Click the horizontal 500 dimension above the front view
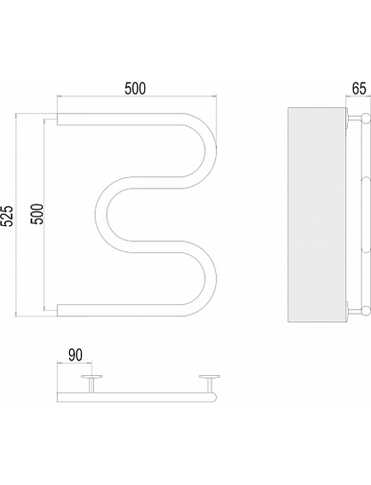point(136,89)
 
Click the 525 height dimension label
point(7,216)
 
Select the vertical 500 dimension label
point(37,214)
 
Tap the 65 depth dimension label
point(359,89)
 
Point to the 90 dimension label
point(75,355)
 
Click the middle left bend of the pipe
point(101,214)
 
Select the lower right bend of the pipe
point(211,279)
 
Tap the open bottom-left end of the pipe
point(57,310)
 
